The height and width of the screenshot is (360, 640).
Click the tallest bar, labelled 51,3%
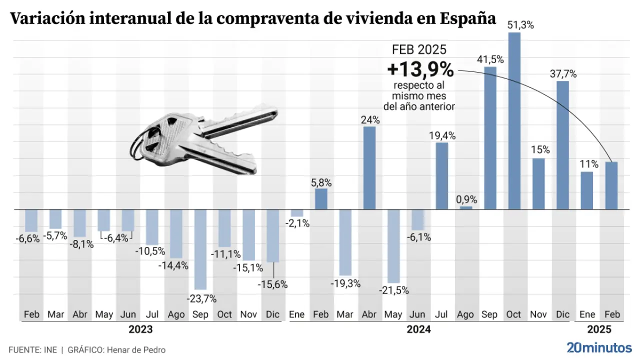514,121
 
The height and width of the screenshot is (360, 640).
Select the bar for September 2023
200,249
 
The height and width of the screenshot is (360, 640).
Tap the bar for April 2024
369,167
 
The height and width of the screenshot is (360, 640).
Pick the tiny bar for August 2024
466,207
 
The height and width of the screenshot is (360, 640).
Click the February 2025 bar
611,185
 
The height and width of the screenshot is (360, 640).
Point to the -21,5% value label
393,290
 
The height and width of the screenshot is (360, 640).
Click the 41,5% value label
490,59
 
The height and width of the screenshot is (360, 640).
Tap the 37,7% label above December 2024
563,74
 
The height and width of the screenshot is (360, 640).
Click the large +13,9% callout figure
420,69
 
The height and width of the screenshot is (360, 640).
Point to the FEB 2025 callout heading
419,49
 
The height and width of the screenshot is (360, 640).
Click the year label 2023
140,330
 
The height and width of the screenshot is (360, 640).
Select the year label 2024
418,330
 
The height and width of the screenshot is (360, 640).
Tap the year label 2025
599,330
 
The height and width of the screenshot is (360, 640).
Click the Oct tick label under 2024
514,314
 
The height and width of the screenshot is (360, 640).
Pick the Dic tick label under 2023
272,314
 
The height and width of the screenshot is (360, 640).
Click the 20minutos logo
599,347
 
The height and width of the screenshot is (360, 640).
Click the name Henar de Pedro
135,350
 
